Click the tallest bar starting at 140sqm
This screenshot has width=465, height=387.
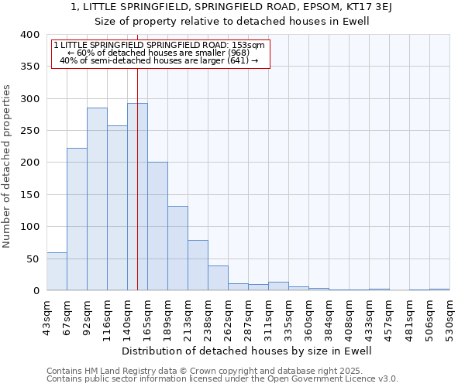click(137, 197)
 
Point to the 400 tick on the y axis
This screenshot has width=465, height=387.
click(29, 35)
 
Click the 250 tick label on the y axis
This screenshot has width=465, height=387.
click(29, 131)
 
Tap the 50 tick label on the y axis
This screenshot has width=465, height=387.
click(32, 259)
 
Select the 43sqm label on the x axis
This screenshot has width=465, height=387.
click(46, 314)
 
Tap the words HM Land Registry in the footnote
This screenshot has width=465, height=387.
click(117, 371)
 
